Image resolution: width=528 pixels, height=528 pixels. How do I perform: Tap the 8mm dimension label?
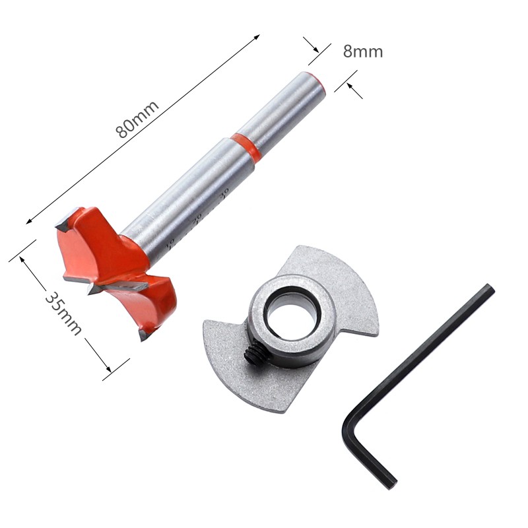tap(362, 51)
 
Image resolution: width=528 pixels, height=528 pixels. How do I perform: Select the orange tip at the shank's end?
tap(317, 79)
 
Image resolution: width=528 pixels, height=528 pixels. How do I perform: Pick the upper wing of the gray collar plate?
tap(330, 277)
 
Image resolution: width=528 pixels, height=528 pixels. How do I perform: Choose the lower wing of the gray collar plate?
tap(244, 370)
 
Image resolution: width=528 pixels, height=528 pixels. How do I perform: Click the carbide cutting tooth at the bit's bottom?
tap(143, 333)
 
